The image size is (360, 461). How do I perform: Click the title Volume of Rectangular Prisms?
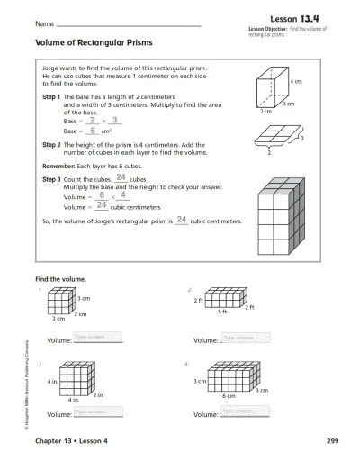pos(93,42)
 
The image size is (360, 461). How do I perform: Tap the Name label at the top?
pos(42,22)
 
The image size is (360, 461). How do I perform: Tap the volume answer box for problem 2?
pos(244,338)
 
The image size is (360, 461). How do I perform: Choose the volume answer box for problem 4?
pos(244,411)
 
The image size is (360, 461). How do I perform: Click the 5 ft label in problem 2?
pos(223,311)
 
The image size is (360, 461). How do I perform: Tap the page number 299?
pos(332,443)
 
